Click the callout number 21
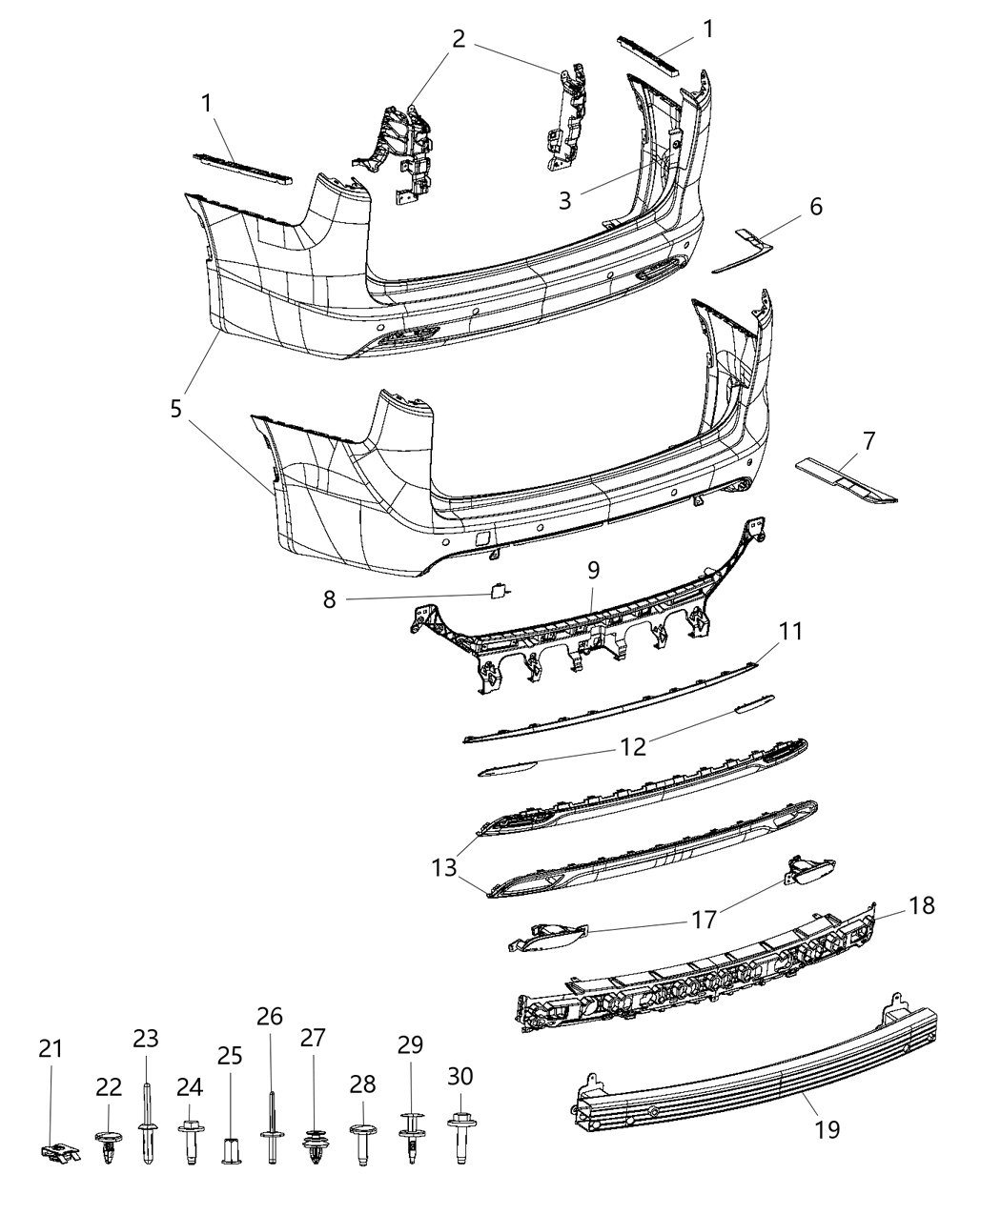[51, 1049]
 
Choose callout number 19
[827, 1129]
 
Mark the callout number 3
[565, 200]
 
